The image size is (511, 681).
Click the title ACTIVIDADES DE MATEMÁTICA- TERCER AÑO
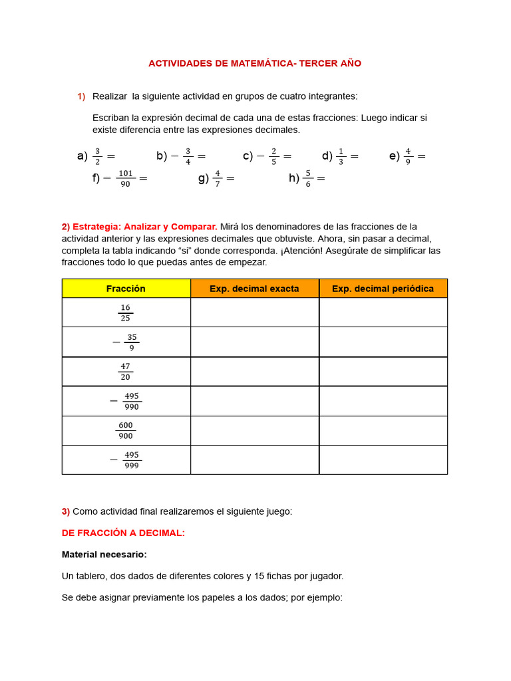pos(255,63)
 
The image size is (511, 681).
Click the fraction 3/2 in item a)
pos(98,156)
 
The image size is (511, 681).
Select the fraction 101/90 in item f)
pos(126,178)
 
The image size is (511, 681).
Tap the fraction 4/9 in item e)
pos(408,156)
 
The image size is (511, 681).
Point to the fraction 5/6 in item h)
pos(307,178)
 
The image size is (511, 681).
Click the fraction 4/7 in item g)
pos(217,178)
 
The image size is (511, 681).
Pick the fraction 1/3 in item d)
pos(341,156)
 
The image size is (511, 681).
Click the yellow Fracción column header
pos(126,289)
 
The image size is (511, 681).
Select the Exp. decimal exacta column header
pos(254,289)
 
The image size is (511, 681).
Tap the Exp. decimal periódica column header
pos(383,289)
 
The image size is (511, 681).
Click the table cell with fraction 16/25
pos(126,313)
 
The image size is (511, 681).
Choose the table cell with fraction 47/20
pos(126,371)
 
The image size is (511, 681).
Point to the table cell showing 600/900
pos(126,430)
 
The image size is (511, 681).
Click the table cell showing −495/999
pos(126,460)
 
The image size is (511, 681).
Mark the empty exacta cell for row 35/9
pos(254,342)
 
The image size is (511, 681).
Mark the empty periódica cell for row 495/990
pos(383,401)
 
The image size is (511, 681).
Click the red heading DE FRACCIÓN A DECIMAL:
pos(123,533)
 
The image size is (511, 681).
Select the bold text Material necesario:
pos(104,554)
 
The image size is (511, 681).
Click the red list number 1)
pos(81,96)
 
